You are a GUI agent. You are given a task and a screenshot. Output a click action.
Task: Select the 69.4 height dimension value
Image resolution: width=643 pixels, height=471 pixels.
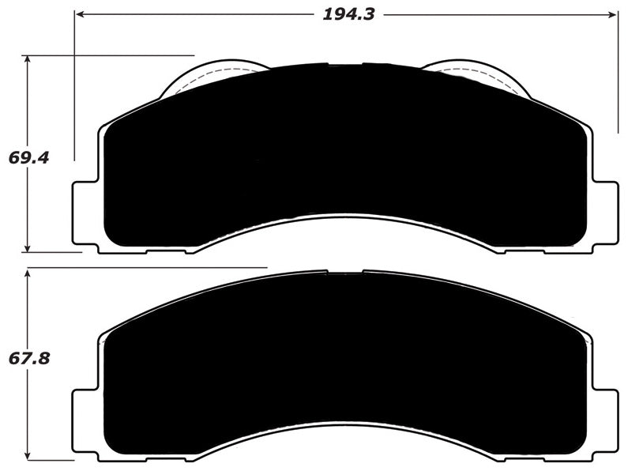click(x=29, y=157)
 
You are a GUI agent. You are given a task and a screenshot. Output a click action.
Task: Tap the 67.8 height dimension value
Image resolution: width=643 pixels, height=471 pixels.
click(x=29, y=358)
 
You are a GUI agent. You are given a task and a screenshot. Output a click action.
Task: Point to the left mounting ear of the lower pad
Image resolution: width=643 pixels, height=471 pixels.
click(x=85, y=419)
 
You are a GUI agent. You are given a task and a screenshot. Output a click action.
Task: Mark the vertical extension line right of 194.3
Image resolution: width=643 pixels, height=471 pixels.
click(x=618, y=79)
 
